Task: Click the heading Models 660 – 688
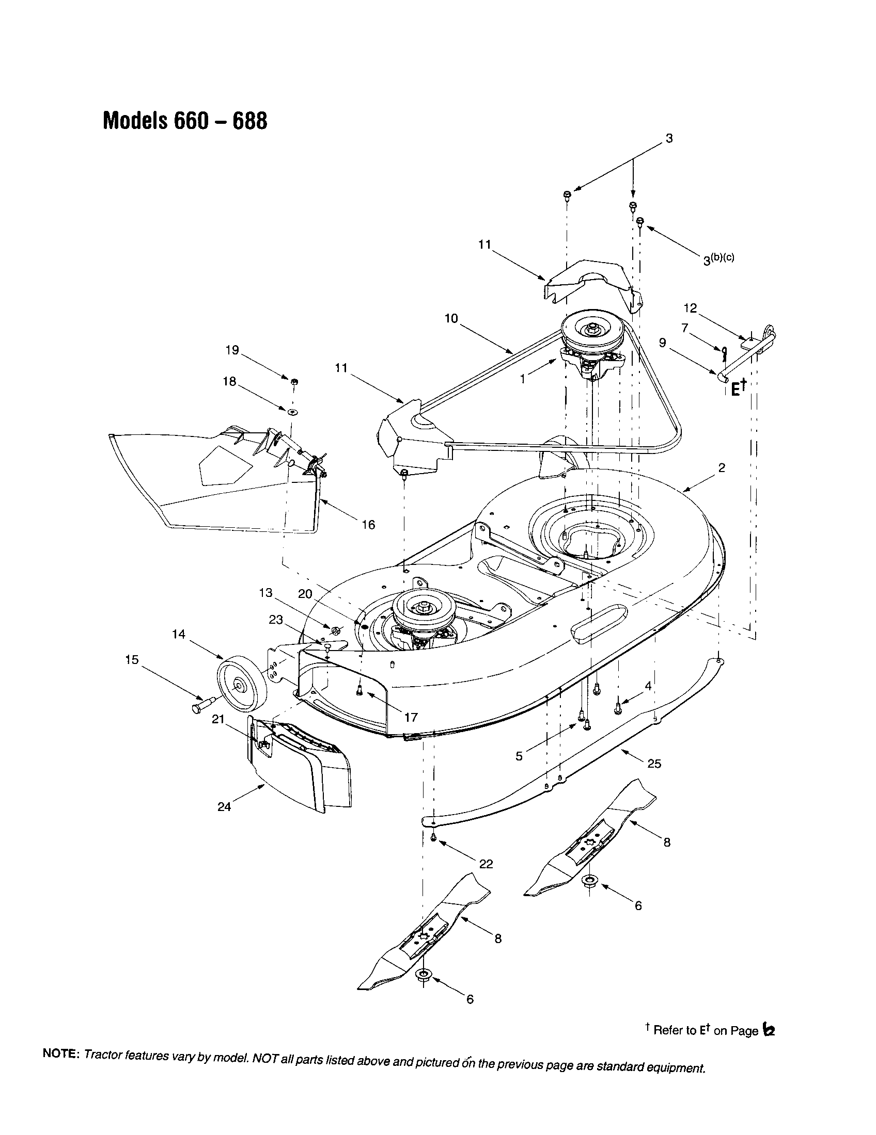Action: coord(185,121)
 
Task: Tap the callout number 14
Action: coord(178,634)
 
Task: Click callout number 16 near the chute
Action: coord(368,525)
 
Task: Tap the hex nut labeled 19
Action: coord(294,382)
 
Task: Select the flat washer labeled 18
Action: coord(292,412)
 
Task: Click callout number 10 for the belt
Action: coord(451,318)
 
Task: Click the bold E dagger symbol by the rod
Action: coord(738,388)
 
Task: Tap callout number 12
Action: coord(690,308)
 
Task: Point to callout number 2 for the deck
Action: coord(721,467)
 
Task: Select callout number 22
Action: coord(486,864)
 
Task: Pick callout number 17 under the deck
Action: coord(411,717)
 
